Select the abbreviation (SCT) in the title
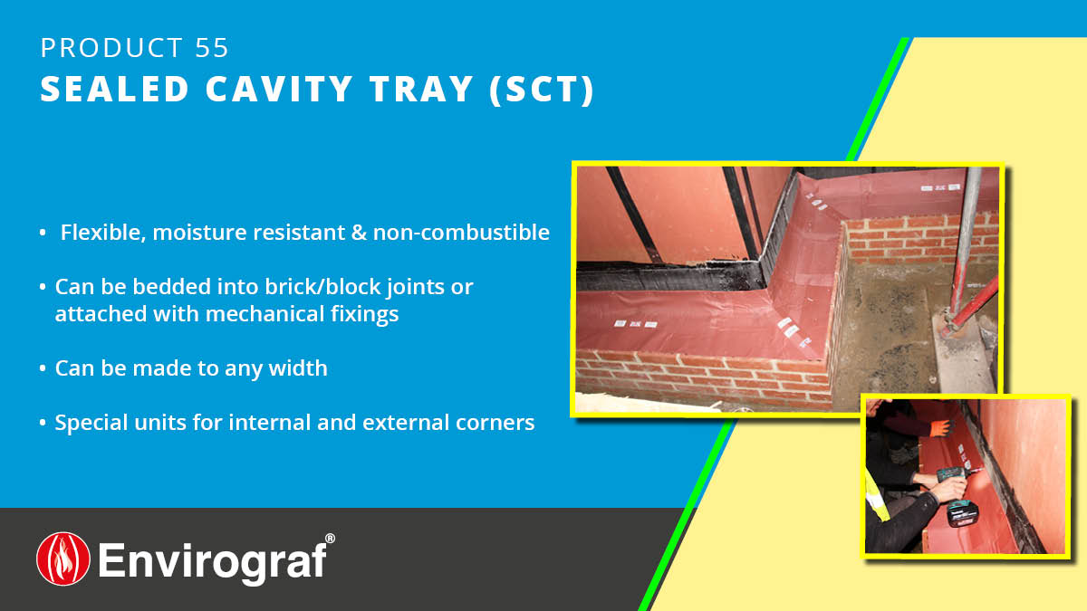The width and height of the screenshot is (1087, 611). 543,90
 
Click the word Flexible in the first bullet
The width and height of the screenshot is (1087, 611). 101,233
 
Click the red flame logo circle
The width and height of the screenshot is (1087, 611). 63,558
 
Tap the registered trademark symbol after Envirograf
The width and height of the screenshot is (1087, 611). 330,539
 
